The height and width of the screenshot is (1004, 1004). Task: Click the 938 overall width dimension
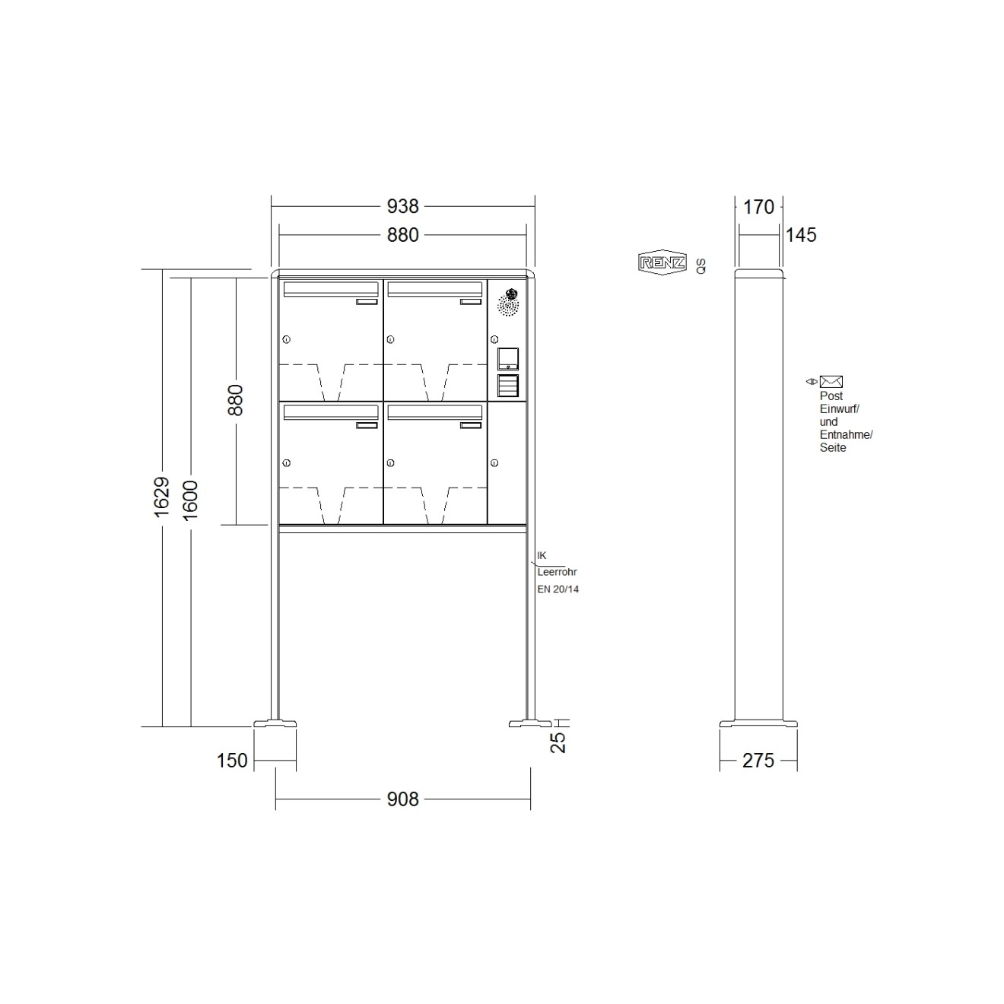click(402, 206)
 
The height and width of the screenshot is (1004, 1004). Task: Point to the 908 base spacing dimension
click(402, 799)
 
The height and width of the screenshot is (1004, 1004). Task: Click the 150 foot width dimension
click(232, 760)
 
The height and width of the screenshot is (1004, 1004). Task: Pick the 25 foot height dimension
click(559, 742)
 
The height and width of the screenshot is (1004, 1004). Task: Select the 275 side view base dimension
click(758, 760)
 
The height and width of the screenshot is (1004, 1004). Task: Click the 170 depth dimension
click(758, 206)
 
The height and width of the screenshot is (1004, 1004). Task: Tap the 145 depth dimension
click(800, 235)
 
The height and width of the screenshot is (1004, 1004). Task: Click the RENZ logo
click(662, 263)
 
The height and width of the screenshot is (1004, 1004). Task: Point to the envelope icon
click(831, 382)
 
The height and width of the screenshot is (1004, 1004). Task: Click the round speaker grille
click(507, 307)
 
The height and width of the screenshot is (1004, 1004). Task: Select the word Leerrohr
click(557, 572)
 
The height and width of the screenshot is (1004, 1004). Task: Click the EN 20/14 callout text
click(558, 589)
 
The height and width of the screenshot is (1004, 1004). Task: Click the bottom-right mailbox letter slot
click(434, 412)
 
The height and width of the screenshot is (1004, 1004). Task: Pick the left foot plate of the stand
click(275, 723)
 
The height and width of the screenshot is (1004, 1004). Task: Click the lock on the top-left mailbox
click(287, 339)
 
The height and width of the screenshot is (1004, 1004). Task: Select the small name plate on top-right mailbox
click(471, 302)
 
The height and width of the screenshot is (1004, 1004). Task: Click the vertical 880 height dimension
click(236, 399)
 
